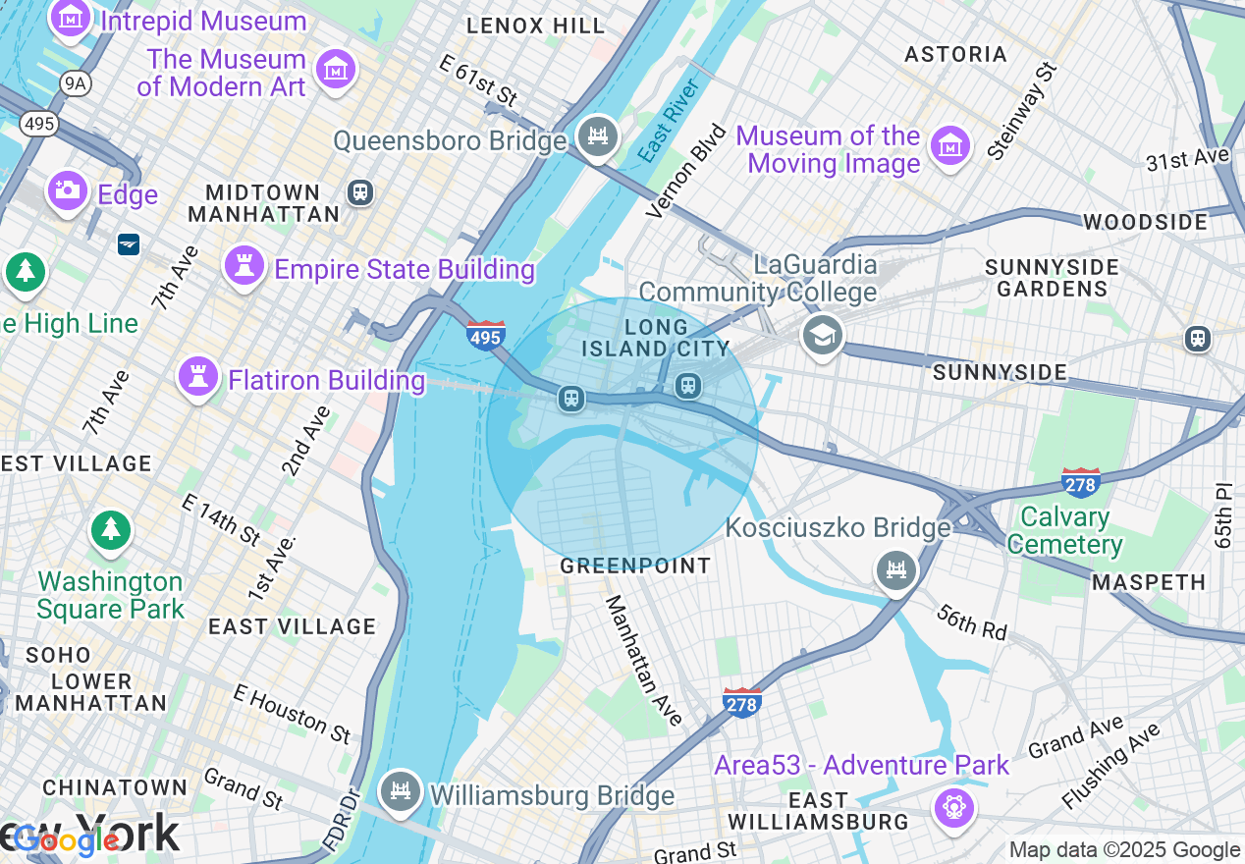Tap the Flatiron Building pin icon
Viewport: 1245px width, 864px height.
(197, 376)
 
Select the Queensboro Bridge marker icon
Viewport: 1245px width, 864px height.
(597, 136)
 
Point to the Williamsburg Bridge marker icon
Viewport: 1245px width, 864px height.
(400, 791)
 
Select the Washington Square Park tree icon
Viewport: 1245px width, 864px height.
(111, 531)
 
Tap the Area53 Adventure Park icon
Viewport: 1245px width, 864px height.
(953, 807)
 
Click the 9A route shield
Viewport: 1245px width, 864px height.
(76, 84)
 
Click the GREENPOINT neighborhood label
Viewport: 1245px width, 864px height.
(635, 567)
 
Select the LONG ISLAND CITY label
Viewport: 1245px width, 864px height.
(656, 338)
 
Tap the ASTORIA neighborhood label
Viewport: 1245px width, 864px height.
(955, 54)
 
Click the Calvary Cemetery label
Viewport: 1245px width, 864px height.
(1064, 530)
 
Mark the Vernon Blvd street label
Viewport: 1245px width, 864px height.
(686, 171)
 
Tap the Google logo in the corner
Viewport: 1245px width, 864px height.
(67, 840)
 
